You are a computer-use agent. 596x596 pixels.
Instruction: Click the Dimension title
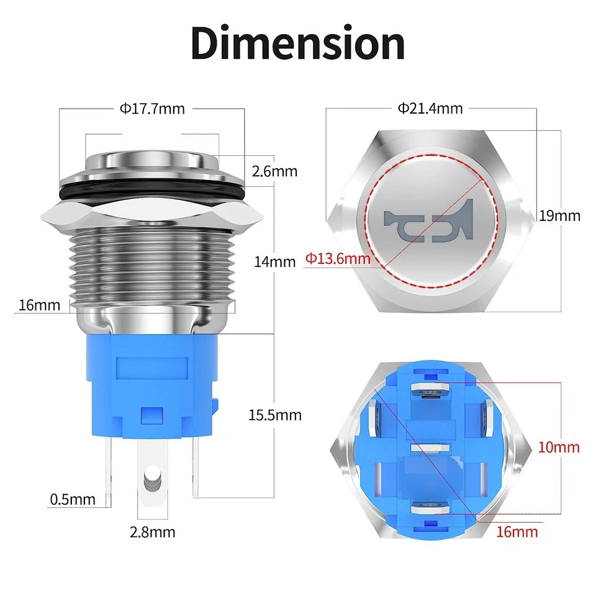298,43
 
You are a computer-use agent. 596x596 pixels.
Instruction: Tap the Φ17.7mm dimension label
152,109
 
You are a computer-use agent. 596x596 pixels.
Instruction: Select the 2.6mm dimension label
274,171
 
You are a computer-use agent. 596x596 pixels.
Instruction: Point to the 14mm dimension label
274,262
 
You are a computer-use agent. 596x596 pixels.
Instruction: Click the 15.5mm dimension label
275,415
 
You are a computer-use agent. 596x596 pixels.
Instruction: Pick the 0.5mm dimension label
73,499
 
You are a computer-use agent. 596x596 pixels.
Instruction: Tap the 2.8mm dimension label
153,532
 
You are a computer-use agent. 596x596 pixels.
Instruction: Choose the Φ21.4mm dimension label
430,109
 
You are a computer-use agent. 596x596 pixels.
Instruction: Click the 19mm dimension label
560,216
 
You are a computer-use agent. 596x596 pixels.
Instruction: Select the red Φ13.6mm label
338,259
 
